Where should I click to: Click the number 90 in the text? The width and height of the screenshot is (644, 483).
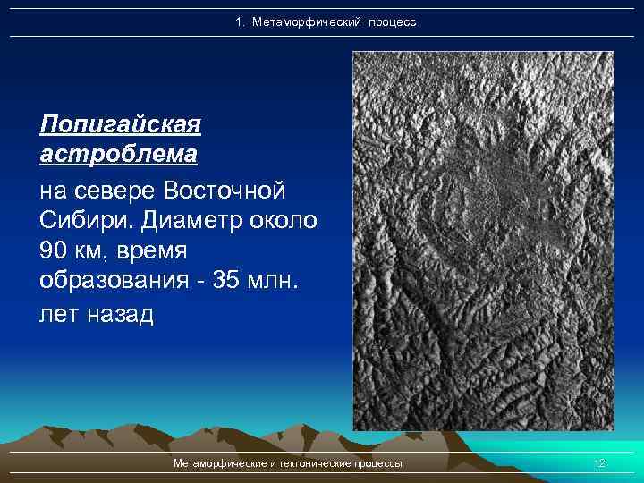click(56, 251)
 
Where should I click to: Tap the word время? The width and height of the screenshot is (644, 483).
click(167, 251)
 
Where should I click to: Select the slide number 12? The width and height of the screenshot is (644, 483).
click(599, 463)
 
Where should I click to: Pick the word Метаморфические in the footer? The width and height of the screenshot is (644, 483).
click(223, 463)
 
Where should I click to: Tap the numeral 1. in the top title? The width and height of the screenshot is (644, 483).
click(240, 21)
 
